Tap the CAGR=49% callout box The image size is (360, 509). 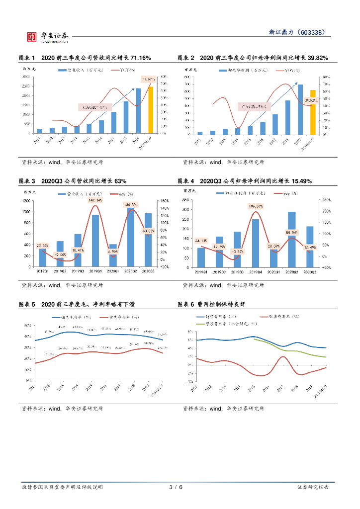click(94, 107)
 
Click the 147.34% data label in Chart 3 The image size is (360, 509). click(95, 200)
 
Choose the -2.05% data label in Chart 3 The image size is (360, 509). click(60, 254)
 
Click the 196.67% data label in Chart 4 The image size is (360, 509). click(256, 205)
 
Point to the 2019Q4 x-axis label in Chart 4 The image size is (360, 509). click(256, 271)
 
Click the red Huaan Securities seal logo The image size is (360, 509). click(32, 36)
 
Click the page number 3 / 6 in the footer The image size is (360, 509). click(176, 487)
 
